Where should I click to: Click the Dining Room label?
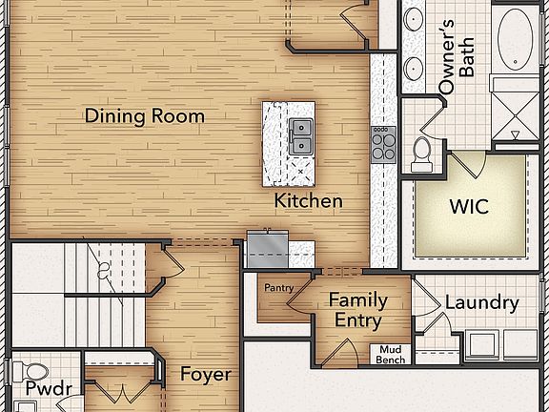pos(145,116)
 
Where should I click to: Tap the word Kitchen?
pos(308,201)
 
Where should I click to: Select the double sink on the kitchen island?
pos(300,134)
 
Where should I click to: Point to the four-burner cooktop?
pos(383,143)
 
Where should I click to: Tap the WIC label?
pos(469,206)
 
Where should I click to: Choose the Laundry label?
pos(482,304)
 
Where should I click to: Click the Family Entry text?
pos(357,310)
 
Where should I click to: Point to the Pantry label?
pos(278,287)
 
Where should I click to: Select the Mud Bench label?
pos(392,354)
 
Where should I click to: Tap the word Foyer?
pos(205,375)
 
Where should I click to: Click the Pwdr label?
pos(44,389)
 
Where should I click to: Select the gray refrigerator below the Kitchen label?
pos(268,251)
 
